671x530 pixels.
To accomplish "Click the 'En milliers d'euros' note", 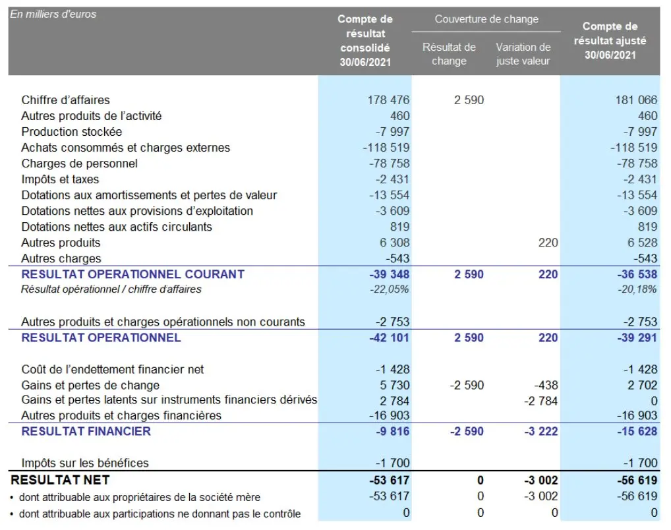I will pyautogui.click(x=53, y=14).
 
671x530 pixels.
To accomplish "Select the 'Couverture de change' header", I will pyautogui.click(x=486, y=19).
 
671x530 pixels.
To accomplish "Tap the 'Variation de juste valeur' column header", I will pyautogui.click(x=523, y=54).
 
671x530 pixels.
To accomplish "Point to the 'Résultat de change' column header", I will pyautogui.click(x=449, y=54).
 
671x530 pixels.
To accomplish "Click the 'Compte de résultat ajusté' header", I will pyautogui.click(x=610, y=40).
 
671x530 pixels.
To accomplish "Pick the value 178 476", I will pyautogui.click(x=388, y=100).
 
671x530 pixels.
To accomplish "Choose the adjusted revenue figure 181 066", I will pyautogui.click(x=636, y=100).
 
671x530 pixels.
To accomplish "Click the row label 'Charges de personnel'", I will pyautogui.click(x=80, y=163).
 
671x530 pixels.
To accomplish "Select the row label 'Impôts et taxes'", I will pyautogui.click(x=61, y=179).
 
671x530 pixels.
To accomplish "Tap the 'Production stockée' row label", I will pyautogui.click(x=72, y=132).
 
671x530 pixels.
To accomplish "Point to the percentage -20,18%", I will pyautogui.click(x=637, y=289).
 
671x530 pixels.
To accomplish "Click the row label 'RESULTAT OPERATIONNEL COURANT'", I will pyautogui.click(x=133, y=274).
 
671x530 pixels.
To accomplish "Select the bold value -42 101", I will pyautogui.click(x=390, y=338).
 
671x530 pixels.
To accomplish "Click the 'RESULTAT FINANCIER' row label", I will pyautogui.click(x=86, y=432).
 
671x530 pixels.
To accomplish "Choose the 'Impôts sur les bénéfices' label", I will pyautogui.click(x=85, y=463).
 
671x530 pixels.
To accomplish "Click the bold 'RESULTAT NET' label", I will pyautogui.click(x=61, y=480).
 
